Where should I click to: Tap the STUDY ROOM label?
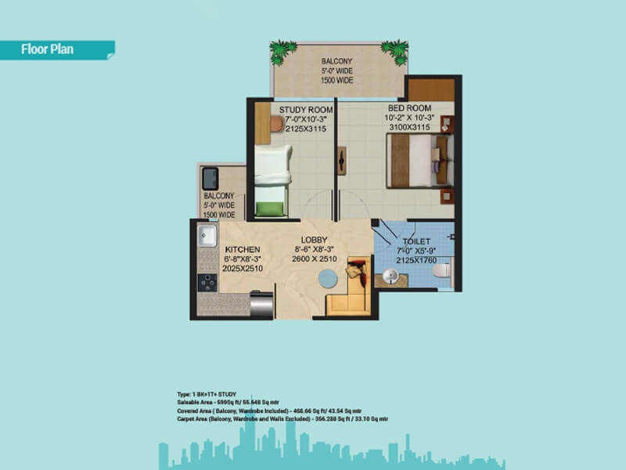[x=306, y=109]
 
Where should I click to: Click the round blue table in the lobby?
[x=330, y=279]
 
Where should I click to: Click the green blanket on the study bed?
[x=268, y=209]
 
